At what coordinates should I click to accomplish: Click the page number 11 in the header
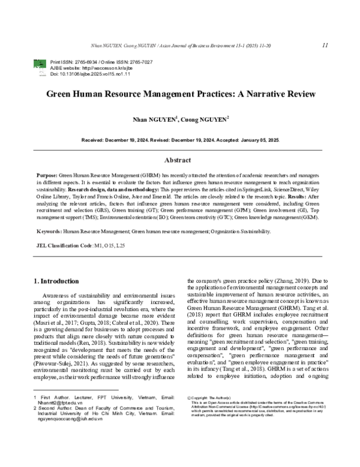point(324,45)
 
